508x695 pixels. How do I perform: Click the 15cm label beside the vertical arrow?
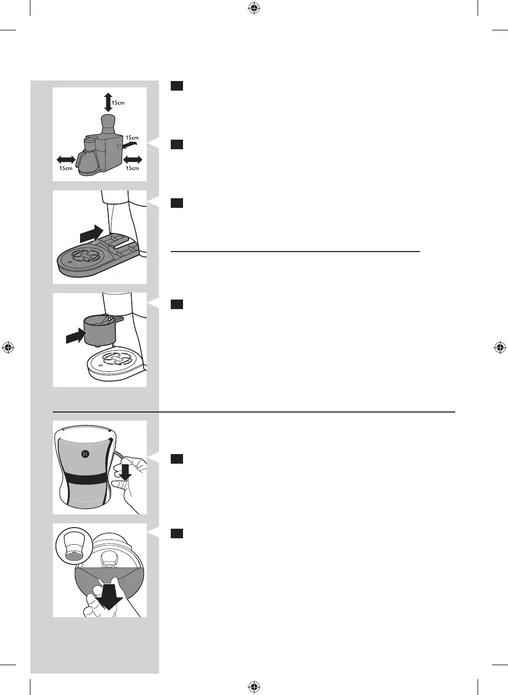pos(118,102)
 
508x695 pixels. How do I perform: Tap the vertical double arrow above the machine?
pos(108,102)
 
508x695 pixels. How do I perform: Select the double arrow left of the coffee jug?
pos(66,159)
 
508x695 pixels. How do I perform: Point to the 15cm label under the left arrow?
pos(66,168)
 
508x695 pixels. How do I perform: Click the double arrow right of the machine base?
pos(132,159)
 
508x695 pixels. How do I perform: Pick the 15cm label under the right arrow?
pos(132,168)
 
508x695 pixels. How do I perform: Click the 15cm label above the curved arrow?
pos(132,137)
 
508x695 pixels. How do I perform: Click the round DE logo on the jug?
pos(84,454)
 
